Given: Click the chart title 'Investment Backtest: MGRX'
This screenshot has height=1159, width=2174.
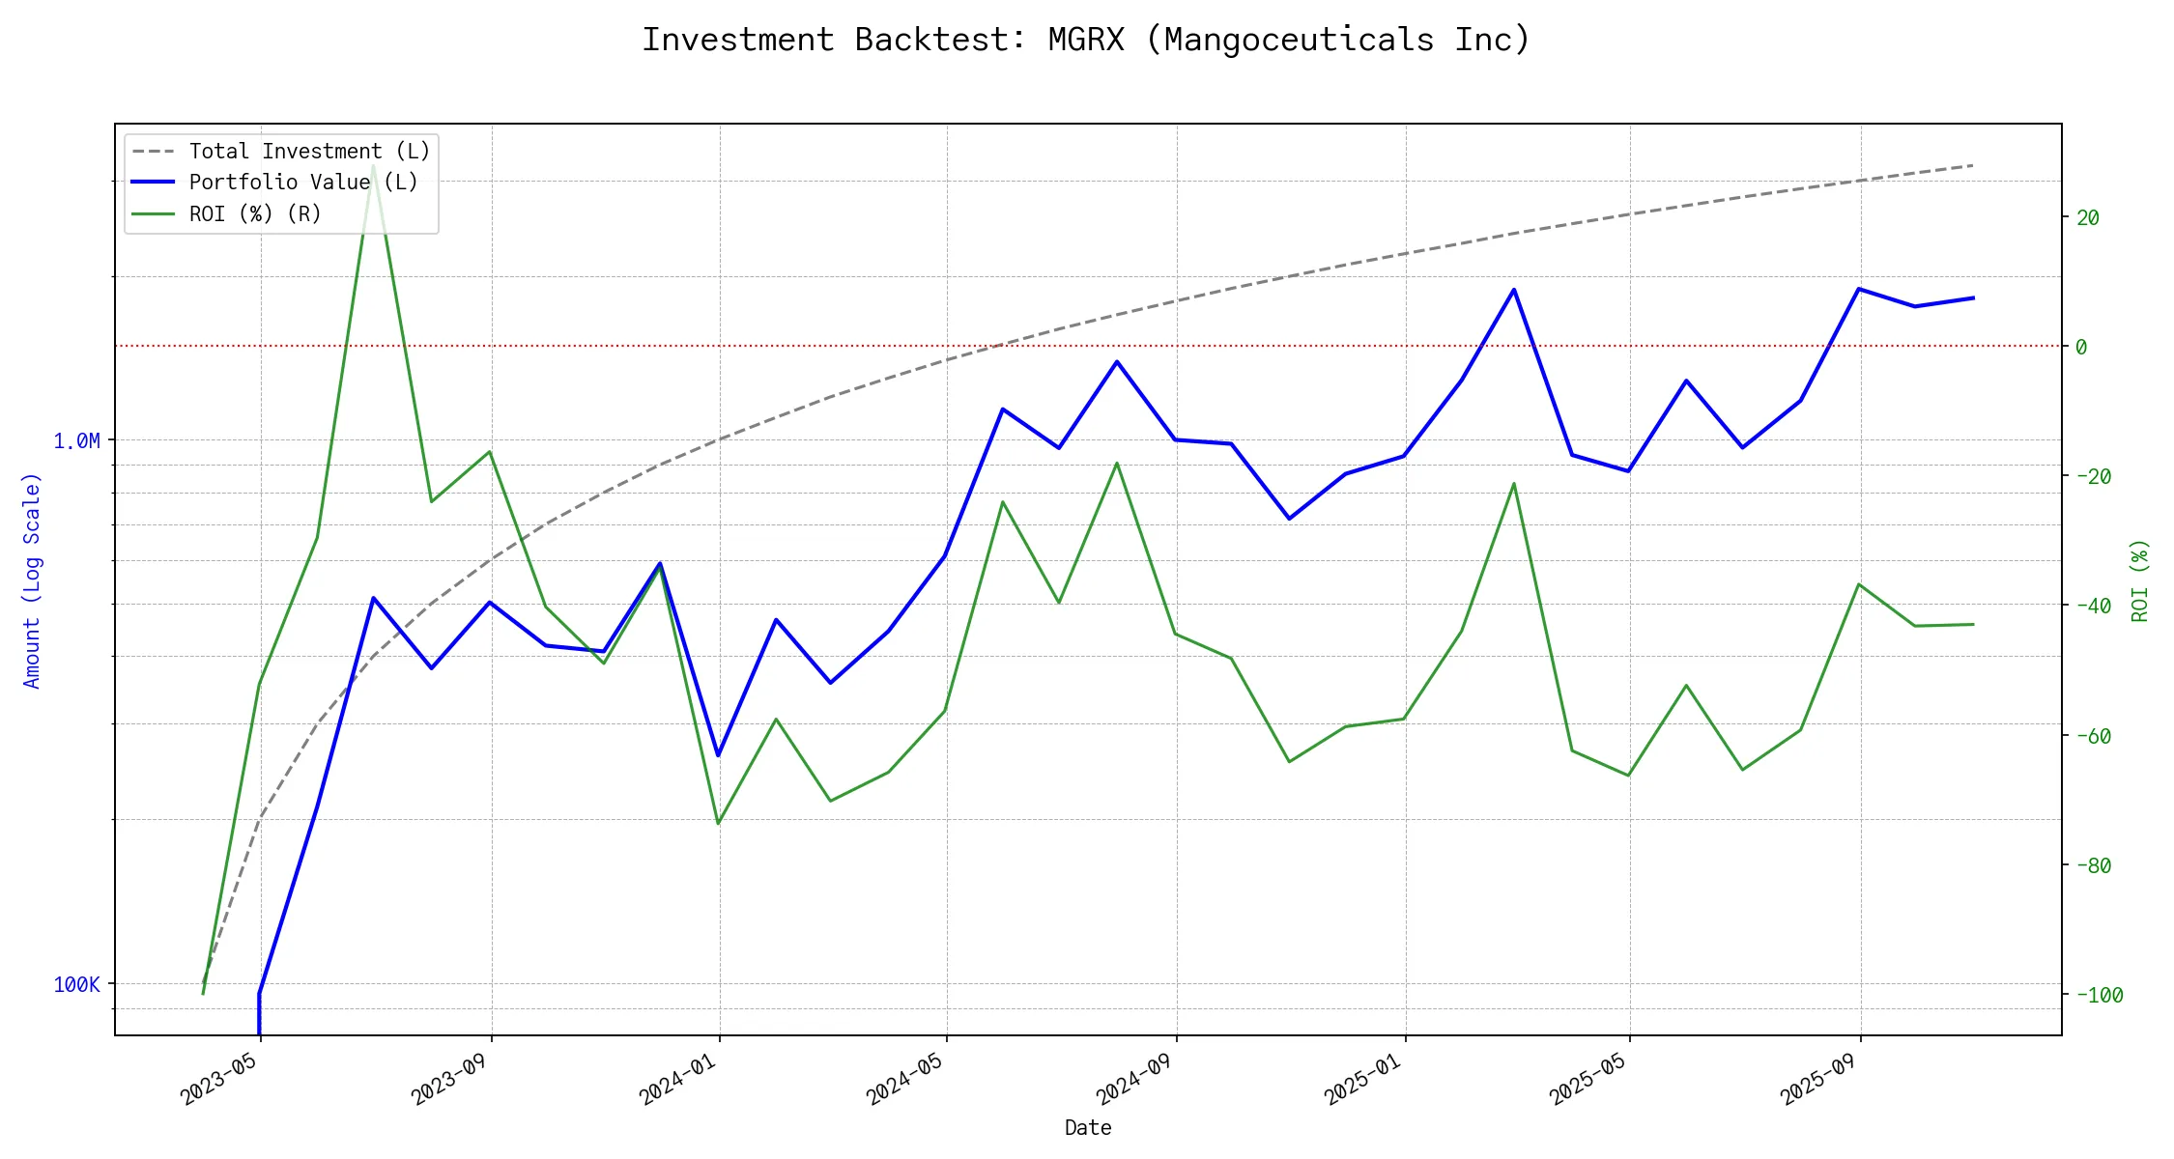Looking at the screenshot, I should click(x=1086, y=41).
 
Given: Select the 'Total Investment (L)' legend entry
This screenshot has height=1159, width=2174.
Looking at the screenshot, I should click(x=309, y=152).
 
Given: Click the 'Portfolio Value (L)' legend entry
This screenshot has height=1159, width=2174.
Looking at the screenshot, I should click(x=303, y=183).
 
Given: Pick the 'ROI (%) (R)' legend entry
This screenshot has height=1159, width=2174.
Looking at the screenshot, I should click(x=255, y=213).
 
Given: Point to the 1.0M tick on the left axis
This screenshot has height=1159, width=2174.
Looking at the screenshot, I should click(x=77, y=441).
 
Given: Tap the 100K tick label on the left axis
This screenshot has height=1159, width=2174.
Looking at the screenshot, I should click(x=77, y=985).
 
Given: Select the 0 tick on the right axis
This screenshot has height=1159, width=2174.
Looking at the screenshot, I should click(x=2081, y=347).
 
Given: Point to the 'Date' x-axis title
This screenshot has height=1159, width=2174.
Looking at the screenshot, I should click(x=1088, y=1128).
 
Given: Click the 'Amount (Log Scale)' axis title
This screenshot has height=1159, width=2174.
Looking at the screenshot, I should click(x=33, y=580).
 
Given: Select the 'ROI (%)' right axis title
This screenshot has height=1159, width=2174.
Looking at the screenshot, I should click(x=2139, y=580).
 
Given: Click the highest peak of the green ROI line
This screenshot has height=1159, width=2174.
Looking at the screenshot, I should click(x=373, y=165).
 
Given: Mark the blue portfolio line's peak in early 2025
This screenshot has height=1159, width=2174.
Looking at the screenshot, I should click(x=1514, y=290).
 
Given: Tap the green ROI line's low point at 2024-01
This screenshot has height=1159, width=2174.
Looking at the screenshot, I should click(x=718, y=823).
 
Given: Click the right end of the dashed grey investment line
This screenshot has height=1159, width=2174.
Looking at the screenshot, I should click(x=1973, y=165).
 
